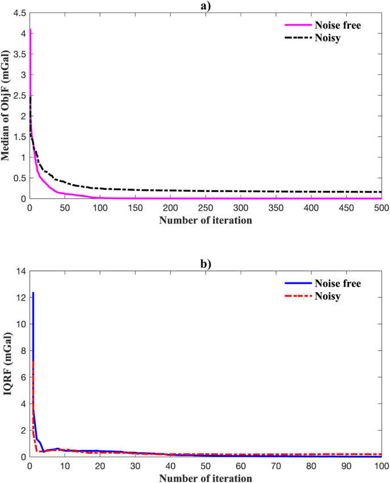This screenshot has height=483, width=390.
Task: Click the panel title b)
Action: click(x=205, y=265)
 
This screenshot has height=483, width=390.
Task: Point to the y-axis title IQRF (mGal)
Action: click(x=8, y=365)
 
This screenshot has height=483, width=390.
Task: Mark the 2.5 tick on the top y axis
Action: click(x=19, y=95)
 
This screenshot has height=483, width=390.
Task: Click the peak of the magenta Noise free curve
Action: click(x=30, y=29)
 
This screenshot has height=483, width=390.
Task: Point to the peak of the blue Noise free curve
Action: click(x=33, y=293)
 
